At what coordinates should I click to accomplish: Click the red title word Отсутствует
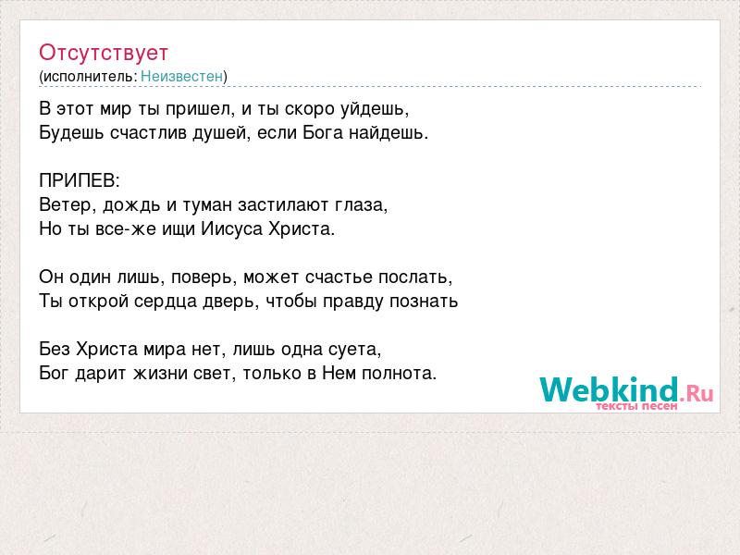point(104,53)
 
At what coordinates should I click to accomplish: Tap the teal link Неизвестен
point(181,77)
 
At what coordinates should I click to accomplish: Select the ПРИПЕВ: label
point(80,180)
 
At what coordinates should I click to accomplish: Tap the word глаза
point(361,205)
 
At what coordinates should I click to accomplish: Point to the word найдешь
point(388,133)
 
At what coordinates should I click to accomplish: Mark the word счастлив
point(149,133)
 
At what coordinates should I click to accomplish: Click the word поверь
point(203,277)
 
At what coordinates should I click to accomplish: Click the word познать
point(424,302)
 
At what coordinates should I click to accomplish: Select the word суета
point(355,350)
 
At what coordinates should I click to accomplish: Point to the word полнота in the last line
point(400,374)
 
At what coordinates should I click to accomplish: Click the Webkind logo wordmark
point(610,389)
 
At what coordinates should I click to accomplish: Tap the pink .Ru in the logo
point(697,393)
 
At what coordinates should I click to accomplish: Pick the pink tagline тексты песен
point(636,406)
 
